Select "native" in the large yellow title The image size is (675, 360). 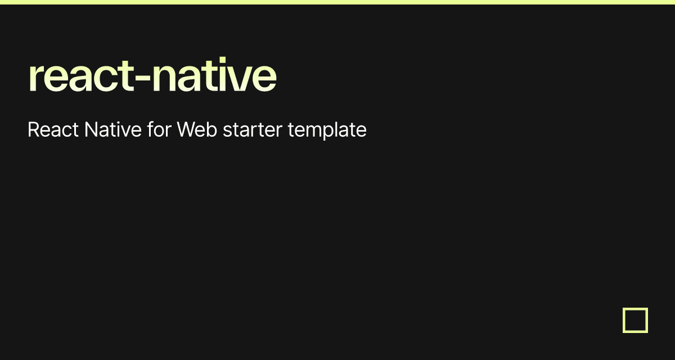point(214,76)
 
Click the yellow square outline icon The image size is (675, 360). point(635,320)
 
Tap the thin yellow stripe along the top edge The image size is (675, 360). point(337,2)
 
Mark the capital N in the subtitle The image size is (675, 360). point(91,130)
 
